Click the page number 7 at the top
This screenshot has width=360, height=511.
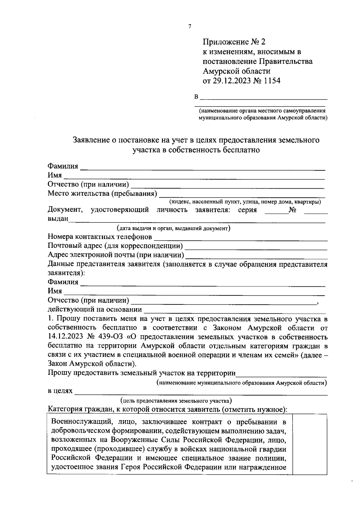190,26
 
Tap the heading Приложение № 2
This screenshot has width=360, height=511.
234,42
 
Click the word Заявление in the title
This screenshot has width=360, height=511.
92,140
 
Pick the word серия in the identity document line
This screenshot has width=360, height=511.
247,210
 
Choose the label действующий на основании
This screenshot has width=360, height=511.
95,309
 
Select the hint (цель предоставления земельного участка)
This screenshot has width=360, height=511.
176,401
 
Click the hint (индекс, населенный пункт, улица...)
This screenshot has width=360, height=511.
245,202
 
